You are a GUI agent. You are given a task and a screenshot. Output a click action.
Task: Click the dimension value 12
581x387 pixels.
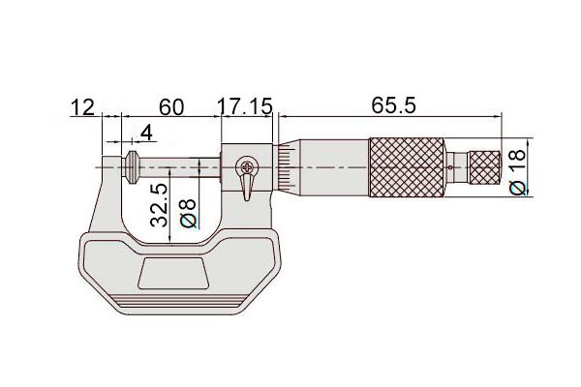tap(82, 107)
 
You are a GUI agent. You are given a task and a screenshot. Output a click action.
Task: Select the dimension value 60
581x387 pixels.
tap(171, 107)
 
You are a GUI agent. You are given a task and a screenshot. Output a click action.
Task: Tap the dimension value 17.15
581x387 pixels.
tap(245, 106)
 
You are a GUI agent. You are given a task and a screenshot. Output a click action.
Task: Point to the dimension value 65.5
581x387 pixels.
tap(393, 105)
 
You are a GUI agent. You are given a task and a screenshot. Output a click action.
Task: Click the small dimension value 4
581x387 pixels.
tap(147, 133)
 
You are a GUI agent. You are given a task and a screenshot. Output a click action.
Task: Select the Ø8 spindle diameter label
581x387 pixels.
tap(188, 213)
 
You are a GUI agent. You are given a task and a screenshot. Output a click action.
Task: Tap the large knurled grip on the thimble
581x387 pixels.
tap(407, 167)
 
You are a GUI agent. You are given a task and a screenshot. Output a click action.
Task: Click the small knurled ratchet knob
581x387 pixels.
tap(485, 167)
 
